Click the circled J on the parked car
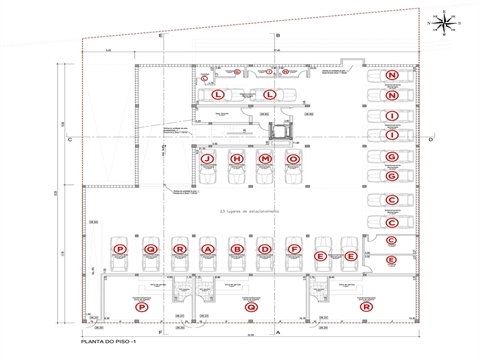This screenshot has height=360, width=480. pos(207,159)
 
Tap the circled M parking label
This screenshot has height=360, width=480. pos(265,159)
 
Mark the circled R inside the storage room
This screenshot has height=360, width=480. pos(368,308)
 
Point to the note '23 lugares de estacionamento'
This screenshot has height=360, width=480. pos(249,213)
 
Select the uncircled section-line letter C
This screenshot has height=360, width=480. pos(69,140)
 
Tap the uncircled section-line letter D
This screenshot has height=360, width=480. pos(429,140)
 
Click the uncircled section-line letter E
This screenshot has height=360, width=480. pos(160,36)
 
